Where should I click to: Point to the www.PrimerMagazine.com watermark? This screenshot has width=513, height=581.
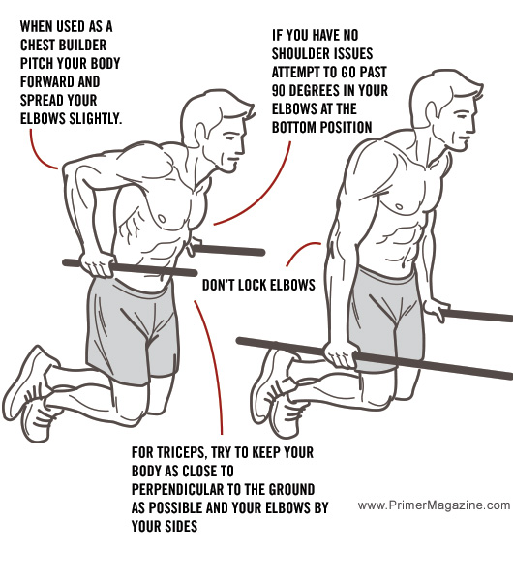point(433,505)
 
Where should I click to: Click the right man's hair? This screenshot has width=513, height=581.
point(436,82)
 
